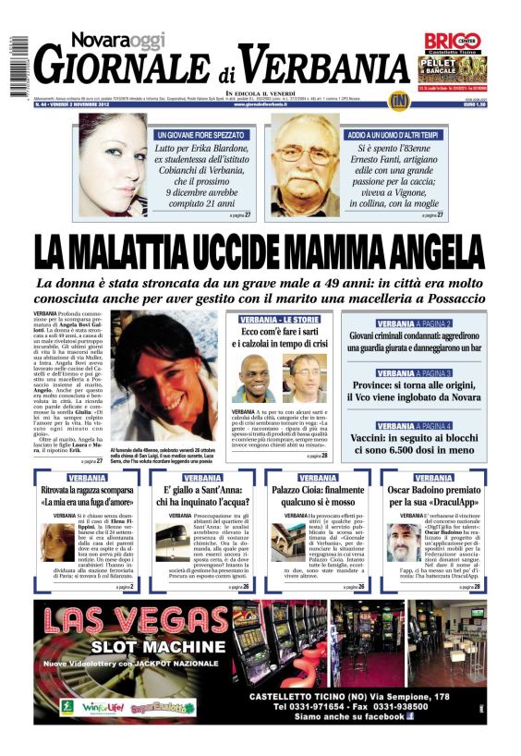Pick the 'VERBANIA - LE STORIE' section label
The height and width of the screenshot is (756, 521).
[278, 319]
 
